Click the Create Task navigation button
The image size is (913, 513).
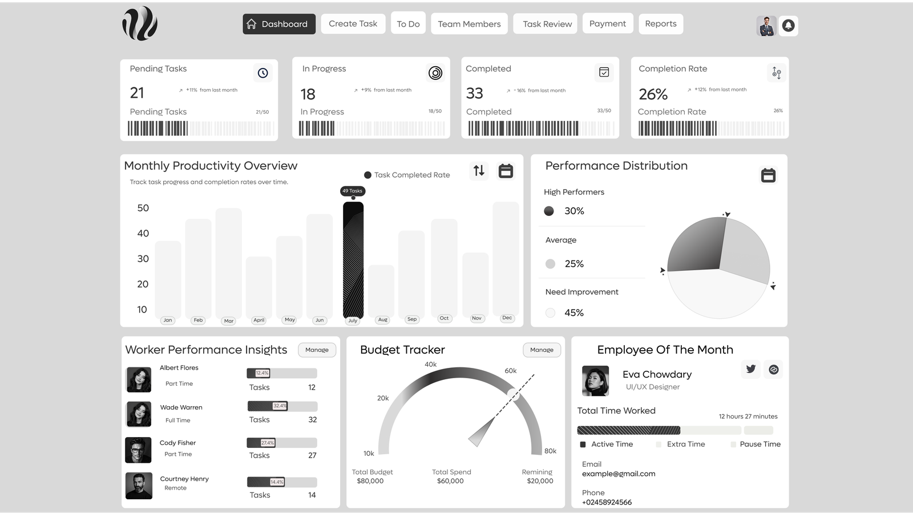pyautogui.click(x=353, y=24)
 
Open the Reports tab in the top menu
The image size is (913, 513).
pyautogui.click(x=660, y=24)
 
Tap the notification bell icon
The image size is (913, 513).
pyautogui.click(x=788, y=26)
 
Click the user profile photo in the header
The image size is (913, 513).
pyautogui.click(x=766, y=26)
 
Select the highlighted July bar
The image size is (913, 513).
pyautogui.click(x=353, y=260)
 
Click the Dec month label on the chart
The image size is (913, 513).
pyautogui.click(x=507, y=318)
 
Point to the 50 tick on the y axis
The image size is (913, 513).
pyautogui.click(x=143, y=208)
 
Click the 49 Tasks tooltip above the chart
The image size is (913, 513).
pyautogui.click(x=353, y=191)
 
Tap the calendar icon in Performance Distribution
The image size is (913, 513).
pyautogui.click(x=768, y=175)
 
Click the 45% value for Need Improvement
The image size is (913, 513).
pyautogui.click(x=574, y=312)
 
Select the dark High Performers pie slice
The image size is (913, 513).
pyautogui.click(x=696, y=246)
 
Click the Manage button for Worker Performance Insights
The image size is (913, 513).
pyautogui.click(x=317, y=350)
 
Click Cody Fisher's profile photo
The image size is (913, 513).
pyautogui.click(x=139, y=450)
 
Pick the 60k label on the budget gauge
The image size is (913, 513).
pyautogui.click(x=511, y=371)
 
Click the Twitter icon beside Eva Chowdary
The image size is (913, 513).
pyautogui.click(x=750, y=369)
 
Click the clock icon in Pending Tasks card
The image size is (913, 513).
pyautogui.click(x=262, y=73)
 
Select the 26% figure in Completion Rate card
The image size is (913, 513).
pyautogui.click(x=653, y=94)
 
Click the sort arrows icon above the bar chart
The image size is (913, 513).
pyautogui.click(x=479, y=170)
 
